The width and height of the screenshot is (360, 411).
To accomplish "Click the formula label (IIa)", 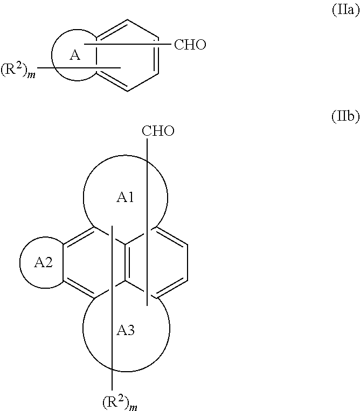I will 344,11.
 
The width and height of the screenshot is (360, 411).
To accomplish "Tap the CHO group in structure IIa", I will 190,45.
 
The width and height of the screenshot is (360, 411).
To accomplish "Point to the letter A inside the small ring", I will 75,55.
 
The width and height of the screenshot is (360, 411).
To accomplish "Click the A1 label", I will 126,198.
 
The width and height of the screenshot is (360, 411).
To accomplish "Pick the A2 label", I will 44,263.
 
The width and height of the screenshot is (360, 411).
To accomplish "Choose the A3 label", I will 126,331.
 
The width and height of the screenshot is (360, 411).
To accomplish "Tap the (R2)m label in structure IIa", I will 18,72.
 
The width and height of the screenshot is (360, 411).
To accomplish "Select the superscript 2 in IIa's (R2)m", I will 22,68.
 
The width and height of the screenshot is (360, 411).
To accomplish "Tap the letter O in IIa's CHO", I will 200,45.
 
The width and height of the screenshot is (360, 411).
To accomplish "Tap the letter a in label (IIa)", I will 352,11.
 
